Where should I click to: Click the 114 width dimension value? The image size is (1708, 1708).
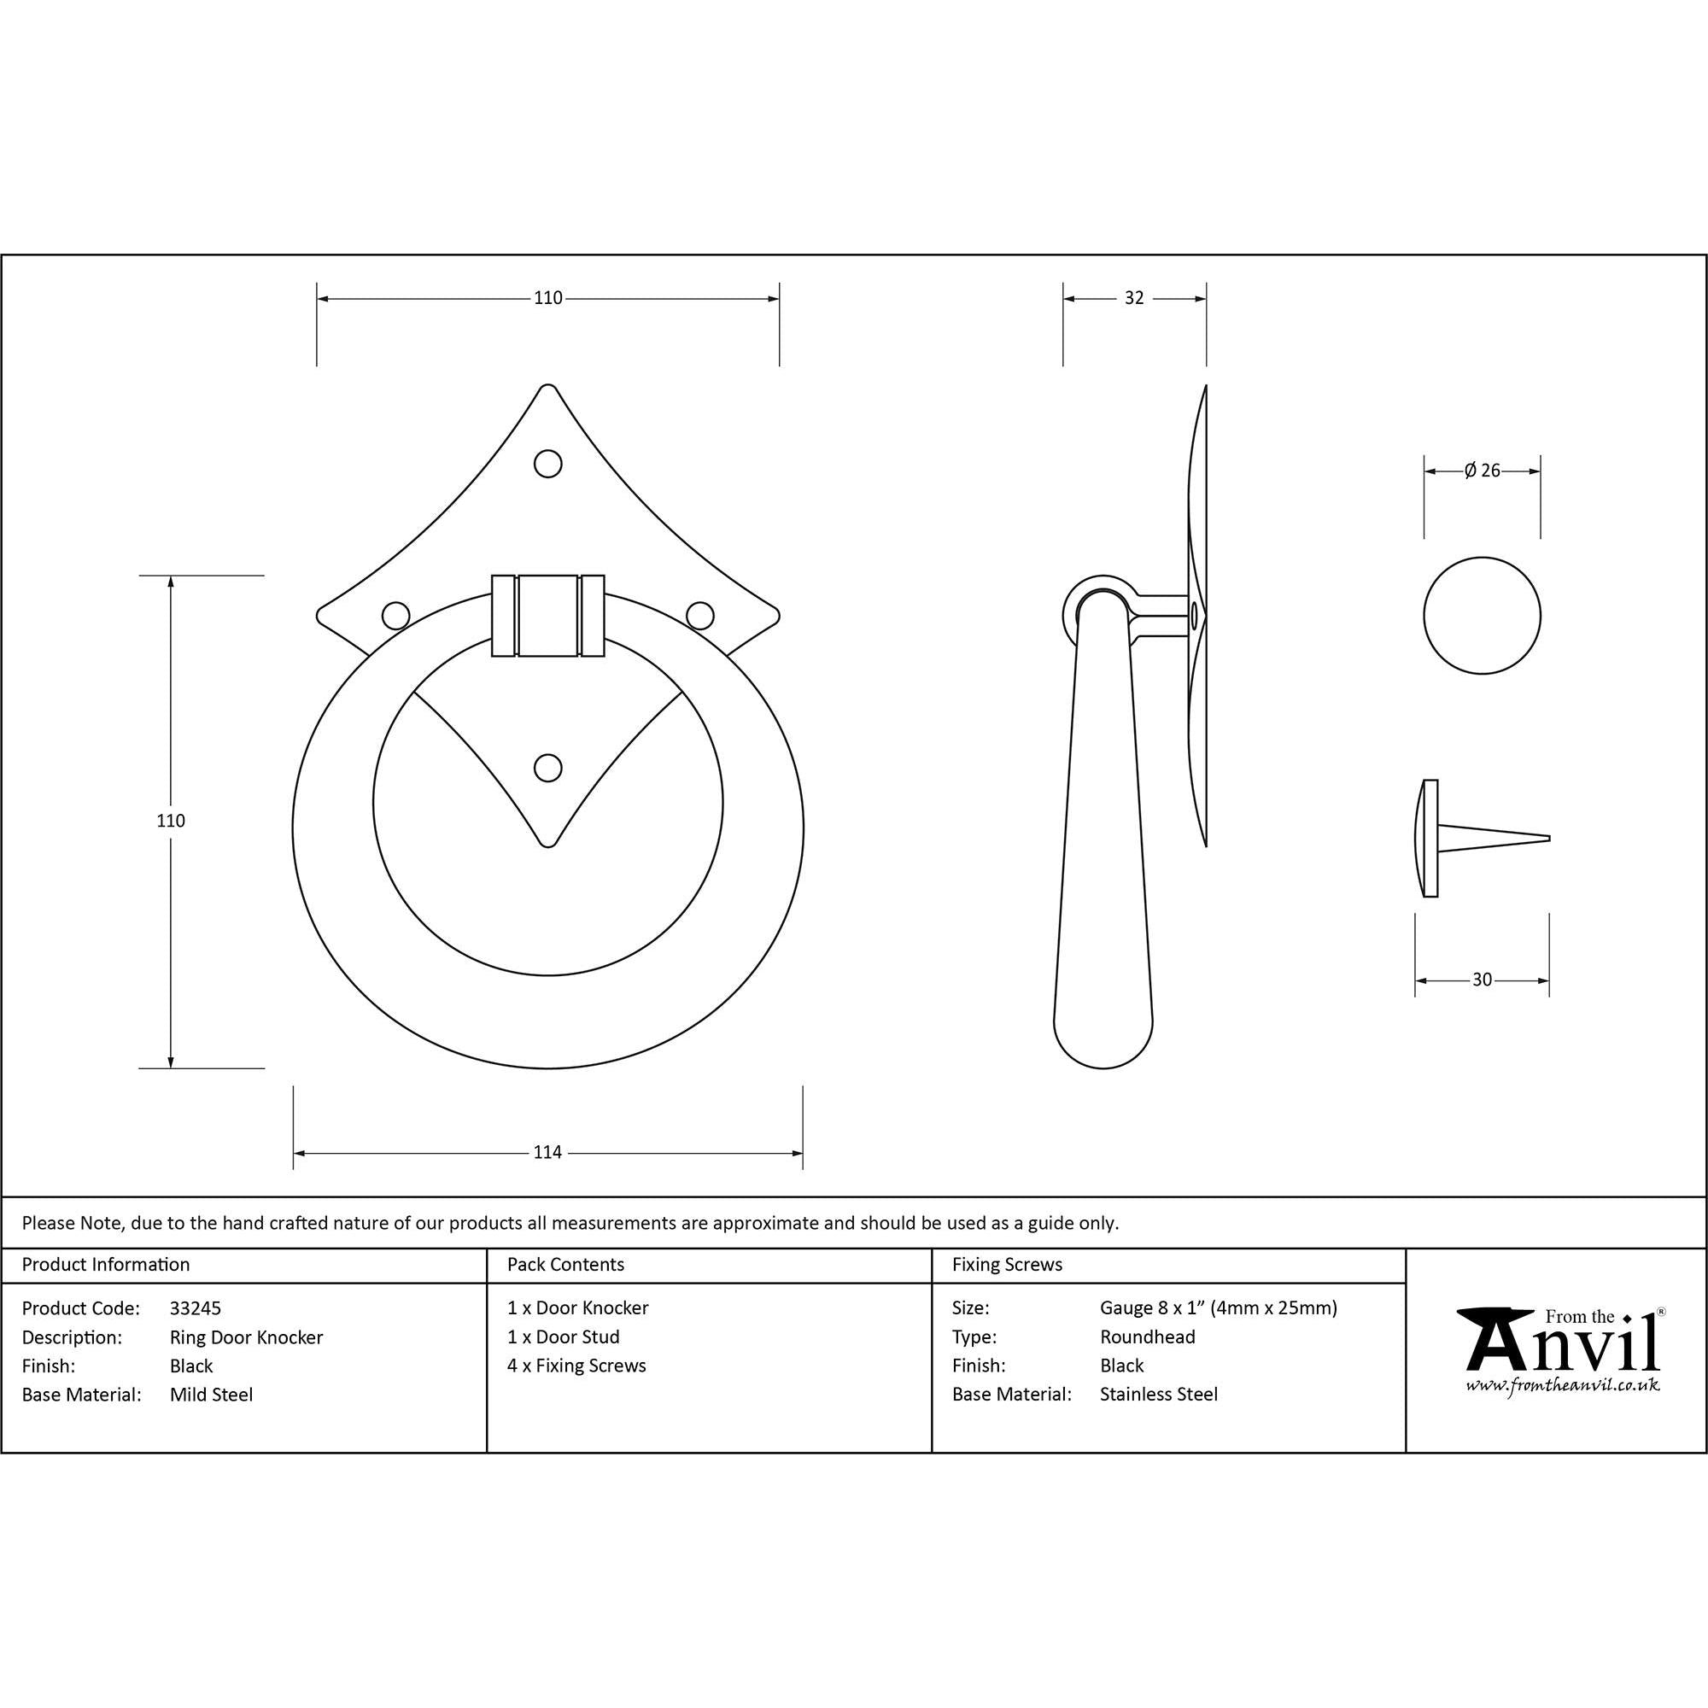(547, 1153)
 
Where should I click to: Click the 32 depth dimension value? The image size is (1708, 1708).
(1133, 299)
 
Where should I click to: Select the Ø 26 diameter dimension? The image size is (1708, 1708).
(1482, 471)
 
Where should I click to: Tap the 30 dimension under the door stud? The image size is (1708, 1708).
(1482, 980)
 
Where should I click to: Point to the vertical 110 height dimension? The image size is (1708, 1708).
(171, 821)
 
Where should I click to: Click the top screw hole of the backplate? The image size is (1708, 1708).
(548, 463)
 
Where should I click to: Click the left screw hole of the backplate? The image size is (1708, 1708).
(395, 615)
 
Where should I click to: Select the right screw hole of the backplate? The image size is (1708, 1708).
(700, 615)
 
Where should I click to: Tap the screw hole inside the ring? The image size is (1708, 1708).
(548, 769)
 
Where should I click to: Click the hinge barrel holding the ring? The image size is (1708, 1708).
(548, 617)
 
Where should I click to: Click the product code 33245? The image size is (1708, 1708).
(196, 1308)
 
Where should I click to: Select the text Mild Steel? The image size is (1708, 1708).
(211, 1395)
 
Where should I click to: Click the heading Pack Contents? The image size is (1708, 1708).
(566, 1265)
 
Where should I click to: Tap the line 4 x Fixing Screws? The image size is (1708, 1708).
(576, 1366)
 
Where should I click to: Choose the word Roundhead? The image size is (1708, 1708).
(1148, 1337)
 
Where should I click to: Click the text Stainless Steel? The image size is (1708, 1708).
(1158, 1395)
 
